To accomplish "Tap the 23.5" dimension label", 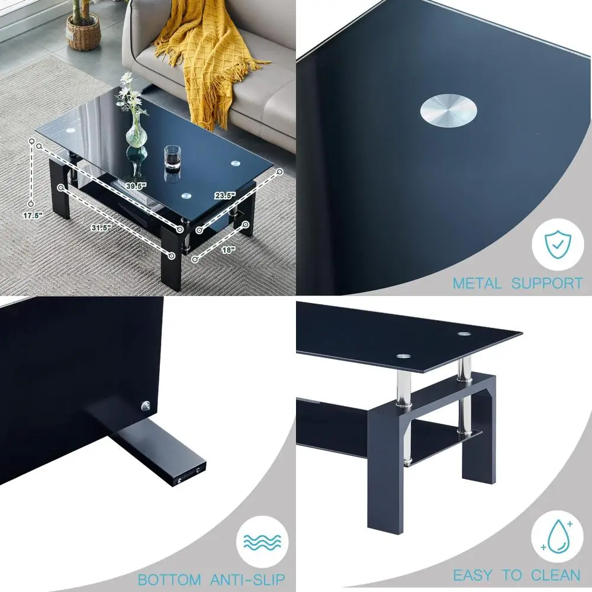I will [225, 195].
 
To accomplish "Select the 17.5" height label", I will [33, 215].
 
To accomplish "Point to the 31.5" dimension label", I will [102, 227].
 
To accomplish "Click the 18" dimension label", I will [228, 250].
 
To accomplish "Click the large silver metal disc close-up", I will [450, 111].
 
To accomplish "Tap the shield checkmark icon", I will [556, 243].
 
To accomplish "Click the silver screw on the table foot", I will [144, 405].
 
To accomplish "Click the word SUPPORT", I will [547, 283].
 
